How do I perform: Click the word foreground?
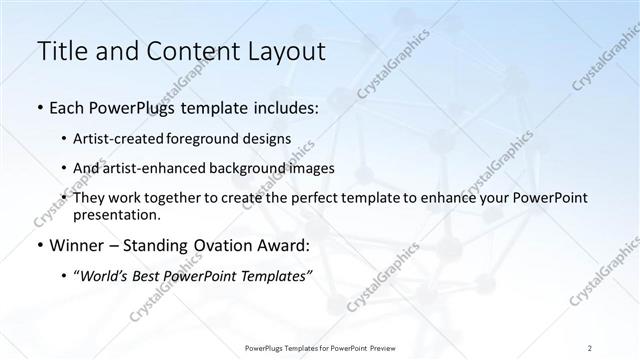click(220, 138)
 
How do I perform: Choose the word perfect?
click(319, 198)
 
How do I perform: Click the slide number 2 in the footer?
click(590, 347)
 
